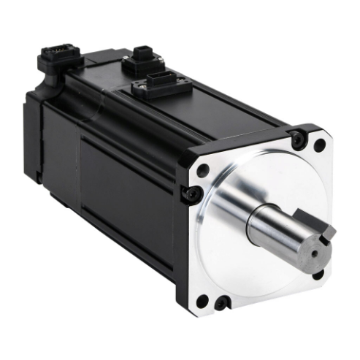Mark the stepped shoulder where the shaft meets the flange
point(252,226)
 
